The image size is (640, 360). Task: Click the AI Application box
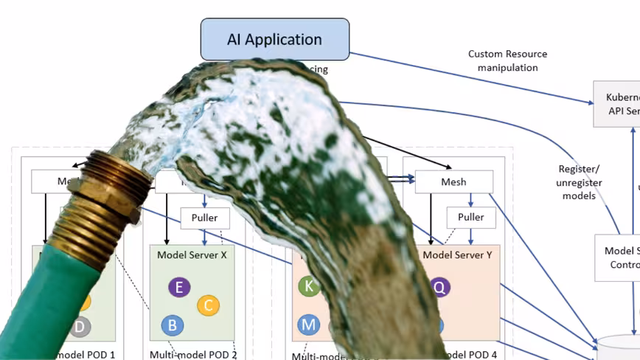pyautogui.click(x=274, y=39)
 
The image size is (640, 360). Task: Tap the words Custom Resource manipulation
pyautogui.click(x=507, y=60)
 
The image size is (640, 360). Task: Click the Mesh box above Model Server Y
pyautogui.click(x=453, y=181)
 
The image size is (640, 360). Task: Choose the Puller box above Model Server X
pyautogui.click(x=205, y=218)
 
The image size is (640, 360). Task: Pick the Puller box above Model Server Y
pyautogui.click(x=470, y=218)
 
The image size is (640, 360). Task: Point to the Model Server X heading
pyautogui.click(x=192, y=255)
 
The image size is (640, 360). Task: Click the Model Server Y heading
pyautogui.click(x=457, y=255)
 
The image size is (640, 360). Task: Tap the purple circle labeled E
pyautogui.click(x=178, y=287)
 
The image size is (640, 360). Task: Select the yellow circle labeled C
pyautogui.click(x=208, y=305)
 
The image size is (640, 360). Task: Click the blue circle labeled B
pyautogui.click(x=172, y=325)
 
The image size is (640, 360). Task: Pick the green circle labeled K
pyautogui.click(x=309, y=286)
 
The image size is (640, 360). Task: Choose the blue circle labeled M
pyautogui.click(x=308, y=324)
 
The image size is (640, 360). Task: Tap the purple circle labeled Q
pyautogui.click(x=440, y=287)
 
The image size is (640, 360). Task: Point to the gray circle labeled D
pyautogui.click(x=81, y=326)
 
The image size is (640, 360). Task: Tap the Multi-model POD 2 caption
pyautogui.click(x=193, y=354)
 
